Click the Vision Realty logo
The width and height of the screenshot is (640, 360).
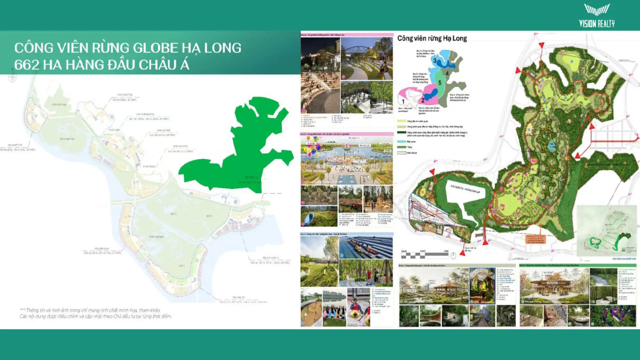point(596,16)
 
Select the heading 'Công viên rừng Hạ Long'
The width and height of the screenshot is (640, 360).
point(432,38)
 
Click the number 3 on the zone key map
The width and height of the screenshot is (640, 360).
point(435,61)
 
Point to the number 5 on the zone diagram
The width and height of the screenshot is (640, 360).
point(439,83)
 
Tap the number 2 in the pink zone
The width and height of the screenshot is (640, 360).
point(422,100)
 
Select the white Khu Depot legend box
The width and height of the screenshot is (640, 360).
point(401,153)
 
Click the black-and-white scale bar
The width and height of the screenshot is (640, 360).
point(425,255)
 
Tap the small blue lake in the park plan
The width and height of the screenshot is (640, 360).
point(552,146)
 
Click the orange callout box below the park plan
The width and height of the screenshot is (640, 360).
point(535,239)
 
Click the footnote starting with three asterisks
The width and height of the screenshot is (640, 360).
point(96,313)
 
